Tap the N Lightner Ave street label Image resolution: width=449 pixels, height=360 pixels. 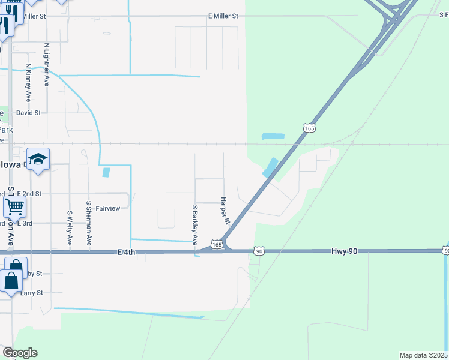pyautogui.click(x=47, y=64)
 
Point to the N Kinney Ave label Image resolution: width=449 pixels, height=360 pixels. pyautogui.click(x=28, y=82)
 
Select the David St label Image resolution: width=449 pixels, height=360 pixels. pyautogui.click(x=28, y=112)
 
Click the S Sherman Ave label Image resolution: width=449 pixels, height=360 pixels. pyautogui.click(x=89, y=223)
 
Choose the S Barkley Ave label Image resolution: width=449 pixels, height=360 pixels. pyautogui.click(x=195, y=225)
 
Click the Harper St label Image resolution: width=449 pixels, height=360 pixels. pyautogui.click(x=226, y=211)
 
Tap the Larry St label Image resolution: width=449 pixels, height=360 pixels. pyautogui.click(x=32, y=293)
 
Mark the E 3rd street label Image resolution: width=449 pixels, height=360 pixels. pyautogui.click(x=25, y=223)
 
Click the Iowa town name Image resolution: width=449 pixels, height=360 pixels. pyautogui.click(x=10, y=164)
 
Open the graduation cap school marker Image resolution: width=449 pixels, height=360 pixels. pyautogui.click(x=38, y=159)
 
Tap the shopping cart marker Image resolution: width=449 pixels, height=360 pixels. pyautogui.click(x=14, y=207)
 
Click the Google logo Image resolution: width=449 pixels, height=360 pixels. pyautogui.click(x=20, y=353)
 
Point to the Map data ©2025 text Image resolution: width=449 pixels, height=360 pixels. pyautogui.click(x=424, y=355)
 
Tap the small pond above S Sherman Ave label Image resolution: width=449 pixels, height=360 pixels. pyautogui.click(x=106, y=173)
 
